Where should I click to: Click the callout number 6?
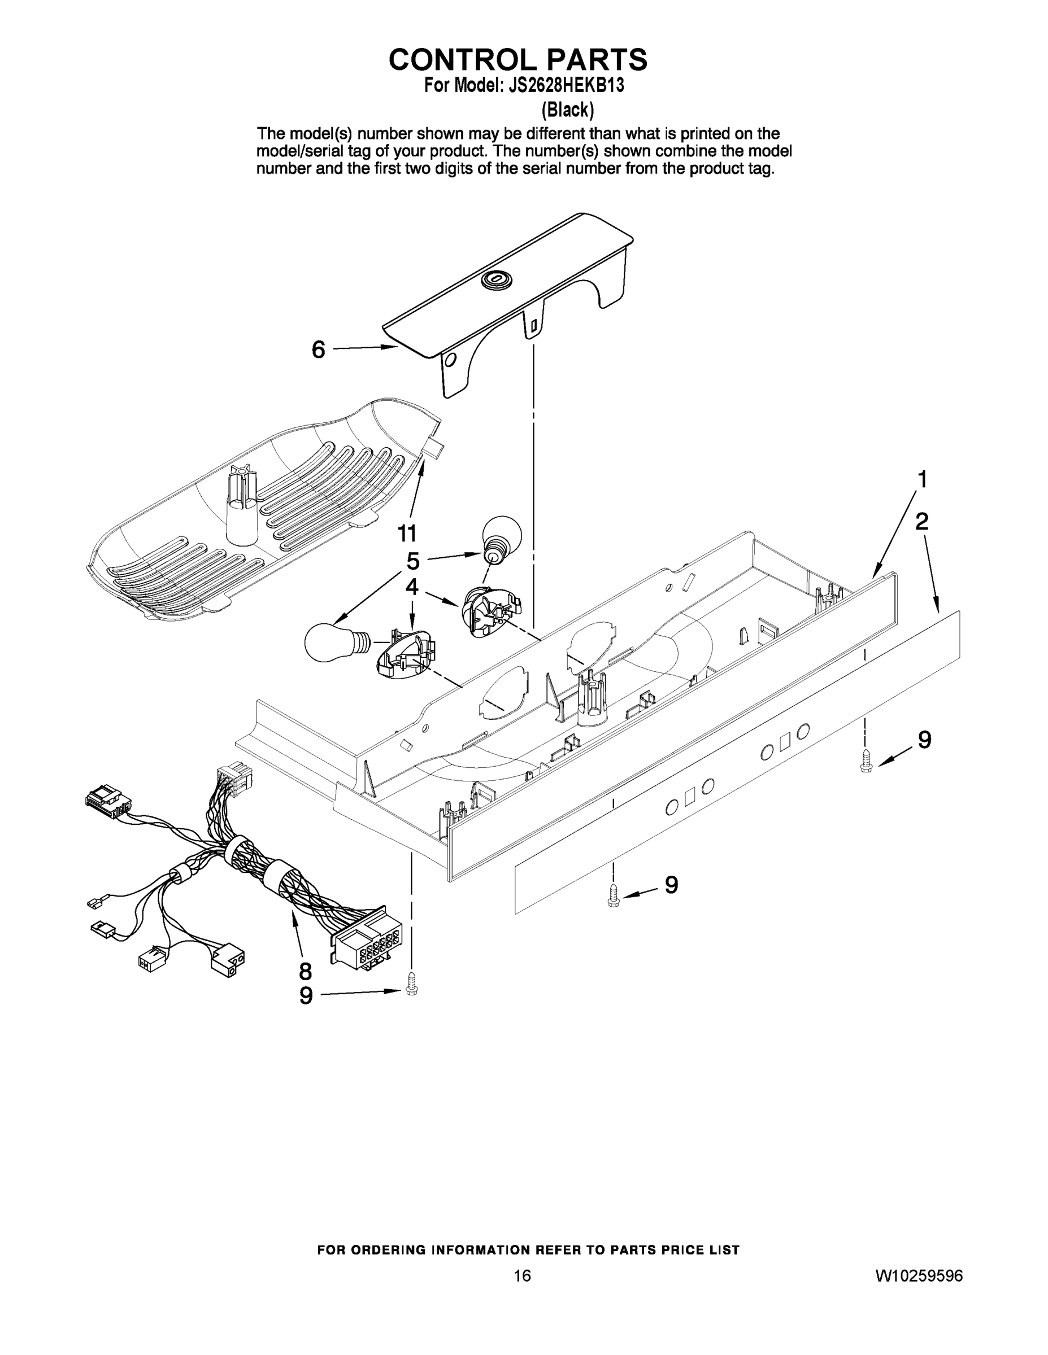318,350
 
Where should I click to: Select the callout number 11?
407,533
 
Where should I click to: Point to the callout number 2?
922,522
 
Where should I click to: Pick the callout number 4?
412,587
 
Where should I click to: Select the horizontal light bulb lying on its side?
335,642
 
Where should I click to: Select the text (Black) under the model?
567,110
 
